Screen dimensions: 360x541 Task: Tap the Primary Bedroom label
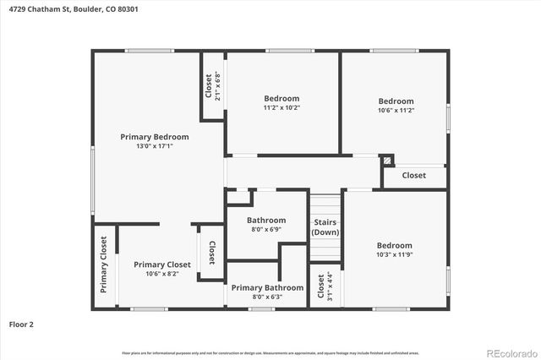point(154,137)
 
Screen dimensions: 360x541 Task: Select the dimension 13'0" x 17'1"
point(154,146)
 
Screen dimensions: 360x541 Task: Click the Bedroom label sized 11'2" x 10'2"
point(281,98)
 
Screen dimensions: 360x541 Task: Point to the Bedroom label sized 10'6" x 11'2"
point(395,101)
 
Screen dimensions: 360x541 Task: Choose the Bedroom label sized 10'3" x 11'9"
point(395,246)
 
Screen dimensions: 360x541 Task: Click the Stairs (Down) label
point(325,227)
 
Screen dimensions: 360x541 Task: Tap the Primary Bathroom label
point(267,287)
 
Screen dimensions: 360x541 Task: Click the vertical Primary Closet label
point(104,265)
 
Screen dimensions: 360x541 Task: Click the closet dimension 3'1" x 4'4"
point(330,286)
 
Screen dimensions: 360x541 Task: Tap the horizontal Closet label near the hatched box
point(413,176)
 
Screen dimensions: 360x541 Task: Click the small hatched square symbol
point(387,159)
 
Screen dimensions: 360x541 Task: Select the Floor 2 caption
point(21,324)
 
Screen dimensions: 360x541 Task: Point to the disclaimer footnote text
point(270,352)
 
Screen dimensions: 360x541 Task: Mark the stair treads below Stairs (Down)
point(325,249)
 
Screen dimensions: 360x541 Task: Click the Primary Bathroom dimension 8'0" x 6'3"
point(267,297)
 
